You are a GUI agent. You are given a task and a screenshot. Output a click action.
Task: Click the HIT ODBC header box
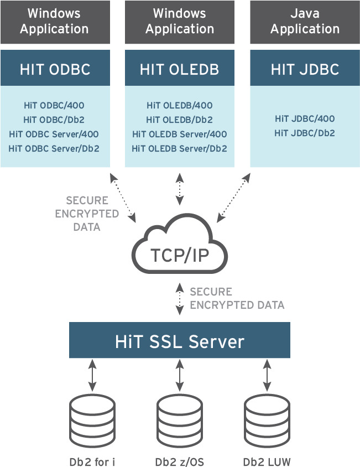click(x=55, y=69)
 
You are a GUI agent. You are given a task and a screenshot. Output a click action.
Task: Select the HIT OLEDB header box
click(x=179, y=69)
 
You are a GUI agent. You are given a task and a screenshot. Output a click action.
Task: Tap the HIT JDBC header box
click(x=305, y=69)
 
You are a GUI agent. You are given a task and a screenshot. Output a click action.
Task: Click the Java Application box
click(x=305, y=22)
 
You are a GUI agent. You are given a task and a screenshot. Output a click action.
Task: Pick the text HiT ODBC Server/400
click(x=54, y=134)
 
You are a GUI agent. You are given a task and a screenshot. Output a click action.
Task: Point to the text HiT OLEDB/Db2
click(x=179, y=120)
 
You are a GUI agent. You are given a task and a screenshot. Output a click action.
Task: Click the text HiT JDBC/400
click(x=305, y=118)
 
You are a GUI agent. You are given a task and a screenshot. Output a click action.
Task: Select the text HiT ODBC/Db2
click(x=54, y=120)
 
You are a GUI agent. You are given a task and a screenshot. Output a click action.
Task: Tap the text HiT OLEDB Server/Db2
click(x=179, y=148)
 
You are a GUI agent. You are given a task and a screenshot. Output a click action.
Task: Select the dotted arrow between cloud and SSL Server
click(x=179, y=299)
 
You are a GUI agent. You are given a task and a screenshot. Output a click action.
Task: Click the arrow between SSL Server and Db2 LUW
click(x=267, y=377)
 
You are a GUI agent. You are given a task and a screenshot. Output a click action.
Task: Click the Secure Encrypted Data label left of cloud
click(x=87, y=214)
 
